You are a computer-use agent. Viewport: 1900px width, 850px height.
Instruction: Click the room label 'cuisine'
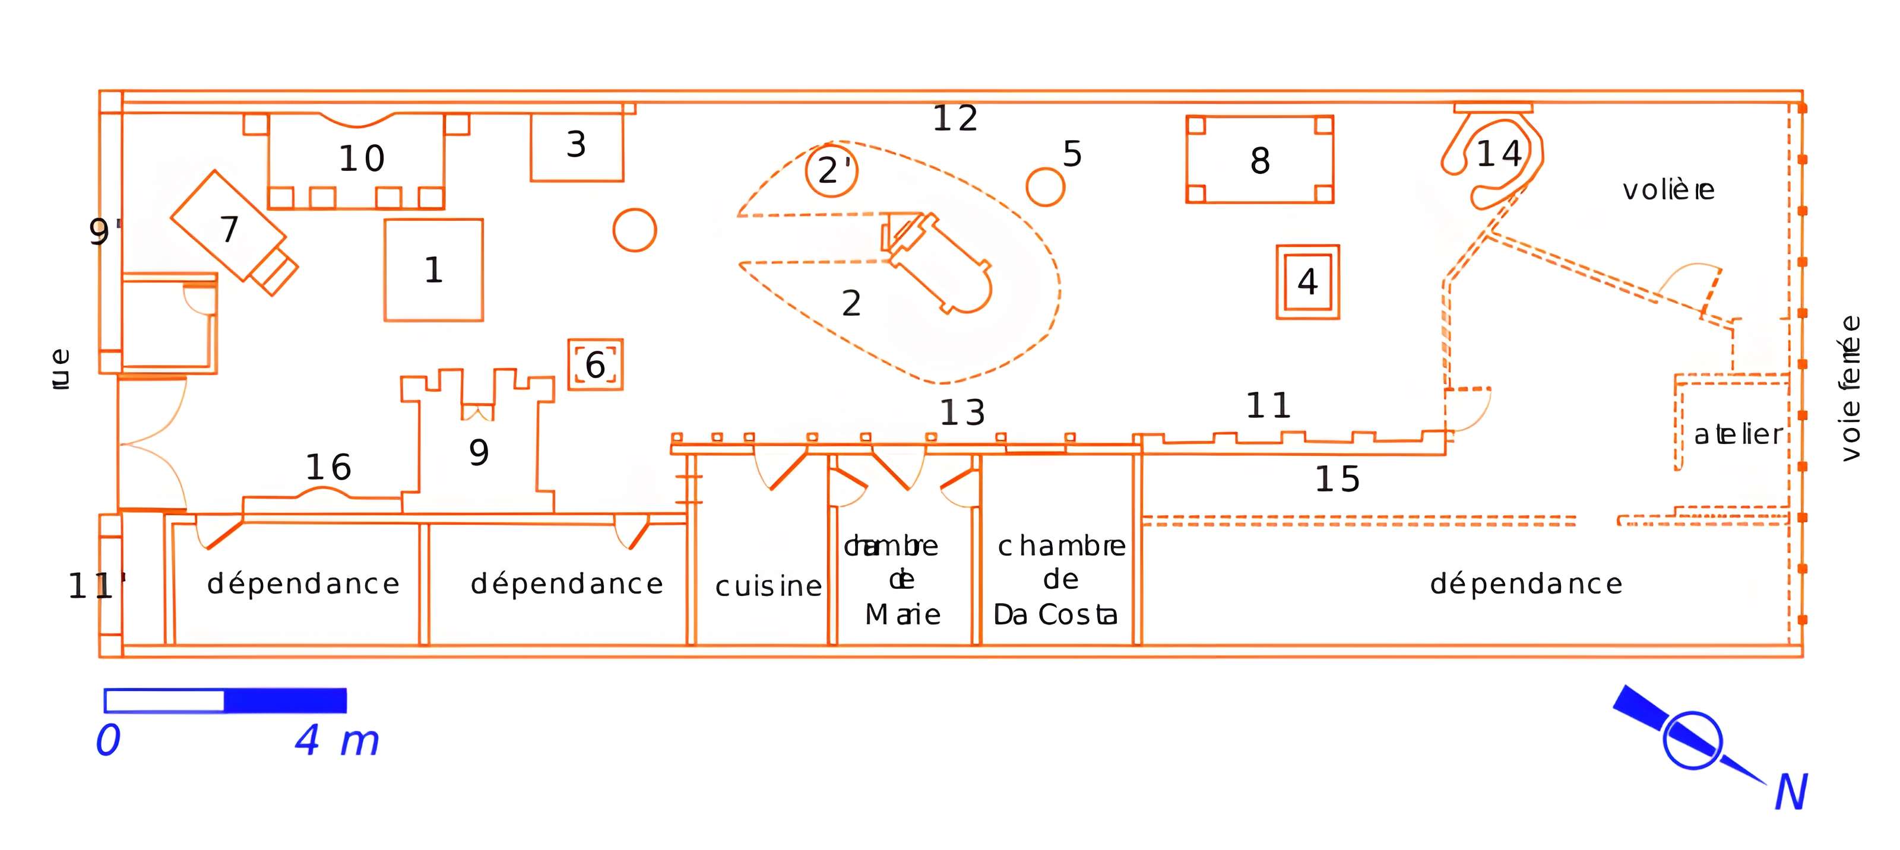pos(768,586)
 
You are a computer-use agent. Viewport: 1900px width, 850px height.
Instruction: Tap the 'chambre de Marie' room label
pos(901,580)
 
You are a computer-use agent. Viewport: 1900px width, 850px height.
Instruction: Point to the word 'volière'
pos(1668,190)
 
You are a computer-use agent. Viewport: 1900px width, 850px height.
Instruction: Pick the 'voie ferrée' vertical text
pos(1850,389)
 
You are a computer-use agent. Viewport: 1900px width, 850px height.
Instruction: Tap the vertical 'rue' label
pos(61,369)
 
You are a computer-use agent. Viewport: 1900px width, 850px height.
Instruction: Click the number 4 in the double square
pos(1307,281)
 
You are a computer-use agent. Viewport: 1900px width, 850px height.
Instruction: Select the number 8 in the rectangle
pos(1260,161)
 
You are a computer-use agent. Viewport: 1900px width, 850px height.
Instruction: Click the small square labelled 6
pos(595,364)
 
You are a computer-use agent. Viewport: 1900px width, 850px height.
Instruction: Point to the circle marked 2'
pos(832,171)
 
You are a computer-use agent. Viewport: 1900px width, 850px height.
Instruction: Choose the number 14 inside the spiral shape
pos(1499,154)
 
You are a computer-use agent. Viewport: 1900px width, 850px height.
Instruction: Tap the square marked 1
pos(433,270)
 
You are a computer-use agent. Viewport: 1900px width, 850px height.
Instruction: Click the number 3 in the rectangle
pos(576,144)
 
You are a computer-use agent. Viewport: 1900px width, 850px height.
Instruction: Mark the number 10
pos(362,158)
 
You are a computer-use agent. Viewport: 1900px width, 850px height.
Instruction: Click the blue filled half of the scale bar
pos(285,700)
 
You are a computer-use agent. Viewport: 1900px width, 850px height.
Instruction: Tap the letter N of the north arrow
pos(1791,792)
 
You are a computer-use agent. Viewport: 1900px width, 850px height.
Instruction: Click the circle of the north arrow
pos(1692,740)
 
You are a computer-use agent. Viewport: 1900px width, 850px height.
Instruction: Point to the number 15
pos(1337,479)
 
